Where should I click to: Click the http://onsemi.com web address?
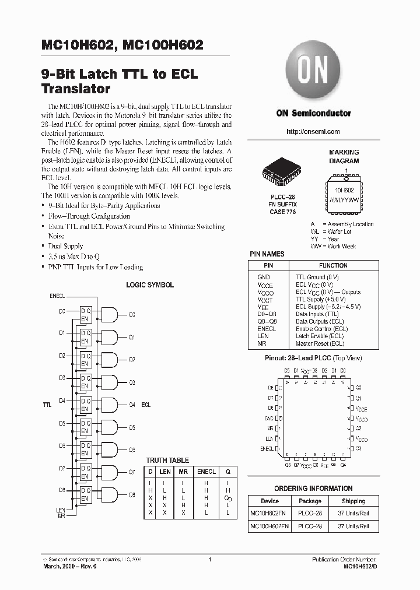[313, 132]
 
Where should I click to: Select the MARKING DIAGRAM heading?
[344, 156]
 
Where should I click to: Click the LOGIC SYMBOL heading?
[150, 285]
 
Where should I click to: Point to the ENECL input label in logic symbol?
[57, 296]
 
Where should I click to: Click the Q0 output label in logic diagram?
[131, 314]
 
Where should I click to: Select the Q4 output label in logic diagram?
[131, 404]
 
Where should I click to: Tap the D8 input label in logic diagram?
[62, 490]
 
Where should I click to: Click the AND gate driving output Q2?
[109, 359]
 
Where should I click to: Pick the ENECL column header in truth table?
[206, 471]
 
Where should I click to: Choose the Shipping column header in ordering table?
[353, 501]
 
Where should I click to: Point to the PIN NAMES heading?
[267, 254]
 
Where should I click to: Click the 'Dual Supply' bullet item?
[65, 246]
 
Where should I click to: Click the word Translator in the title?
[76, 89]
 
